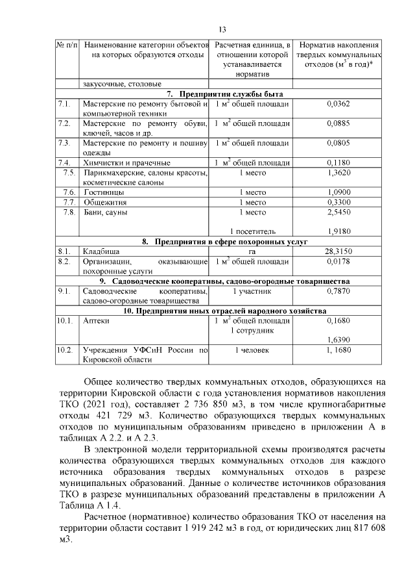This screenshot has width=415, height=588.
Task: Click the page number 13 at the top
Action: coord(222,30)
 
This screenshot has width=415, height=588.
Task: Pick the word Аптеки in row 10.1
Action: coord(96,321)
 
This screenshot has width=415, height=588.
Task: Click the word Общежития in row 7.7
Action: coord(104,202)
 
